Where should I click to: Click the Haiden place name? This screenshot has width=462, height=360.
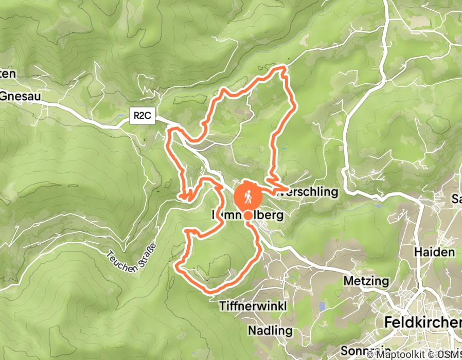point(435,252)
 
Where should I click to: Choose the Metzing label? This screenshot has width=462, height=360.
point(366,281)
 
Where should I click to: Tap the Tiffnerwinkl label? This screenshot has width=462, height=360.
point(253,305)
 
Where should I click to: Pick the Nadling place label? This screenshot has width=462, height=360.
point(270,330)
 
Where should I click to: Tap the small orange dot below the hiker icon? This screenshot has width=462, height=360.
point(248,215)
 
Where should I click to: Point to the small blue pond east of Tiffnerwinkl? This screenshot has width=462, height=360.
point(322,307)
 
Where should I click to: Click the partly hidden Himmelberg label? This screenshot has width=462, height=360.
point(247,215)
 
